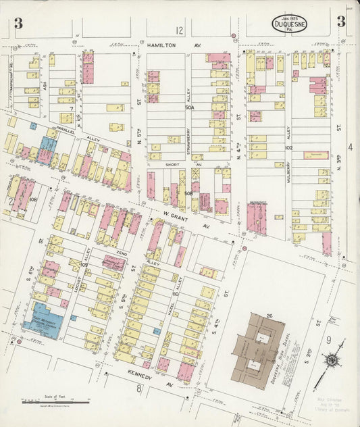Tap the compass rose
coord(332,360)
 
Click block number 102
coord(288,147)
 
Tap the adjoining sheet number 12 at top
coord(179,30)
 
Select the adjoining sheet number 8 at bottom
coord(138,388)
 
